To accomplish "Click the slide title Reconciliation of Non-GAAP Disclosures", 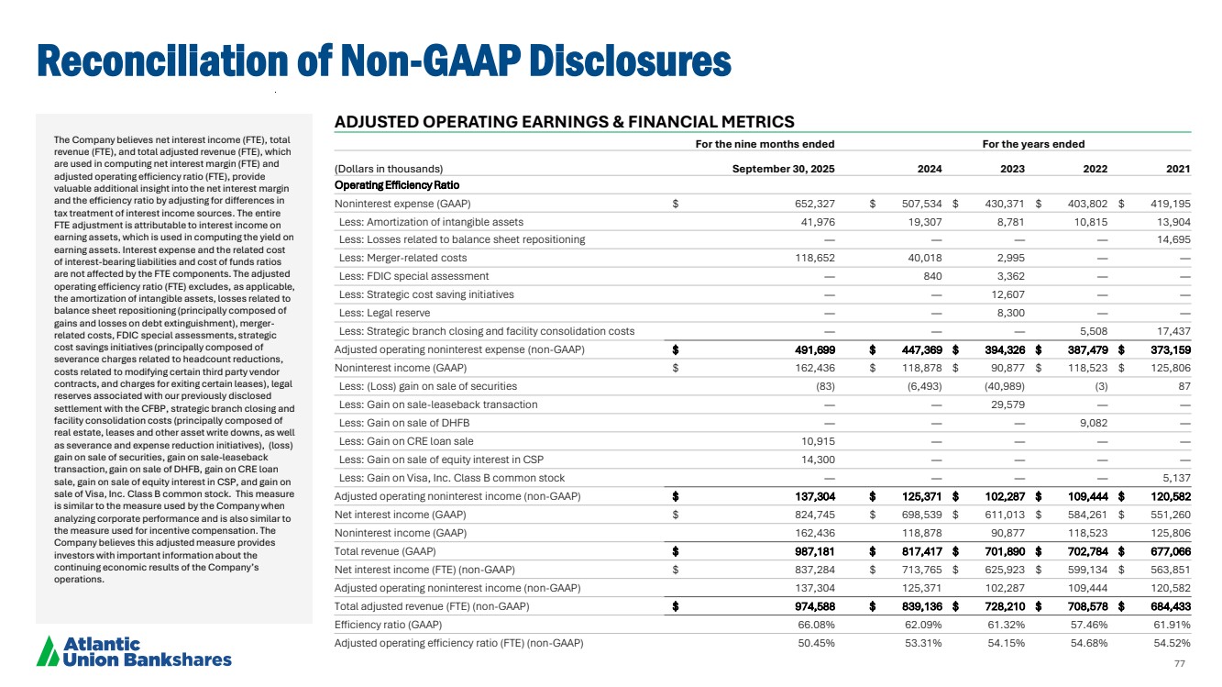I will pos(383,61).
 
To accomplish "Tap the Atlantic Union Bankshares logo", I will pos(134,651).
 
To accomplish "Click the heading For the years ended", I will pos(1033,144).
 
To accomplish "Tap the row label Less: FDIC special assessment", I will pos(413,276).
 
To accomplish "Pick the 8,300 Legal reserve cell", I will pos(1009,313).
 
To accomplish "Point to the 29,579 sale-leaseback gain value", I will pos(1007,404).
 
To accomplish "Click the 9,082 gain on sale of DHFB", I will pos(1091,423).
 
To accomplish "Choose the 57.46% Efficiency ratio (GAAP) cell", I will pos(1088,624).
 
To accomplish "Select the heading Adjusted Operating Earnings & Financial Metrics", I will pos(564,122).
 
